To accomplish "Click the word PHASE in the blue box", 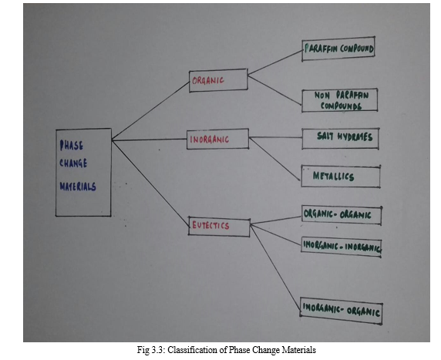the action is coord(72,146).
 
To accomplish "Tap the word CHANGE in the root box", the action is coord(73,163).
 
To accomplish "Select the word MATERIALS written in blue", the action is coord(78,187).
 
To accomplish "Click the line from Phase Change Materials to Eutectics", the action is coord(150,183).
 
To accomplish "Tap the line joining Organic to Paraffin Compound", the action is coord(275,62).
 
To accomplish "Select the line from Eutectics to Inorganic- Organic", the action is coord(276,268).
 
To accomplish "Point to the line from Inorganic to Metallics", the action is coord(274,159).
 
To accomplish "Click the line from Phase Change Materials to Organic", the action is coord(150,111).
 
